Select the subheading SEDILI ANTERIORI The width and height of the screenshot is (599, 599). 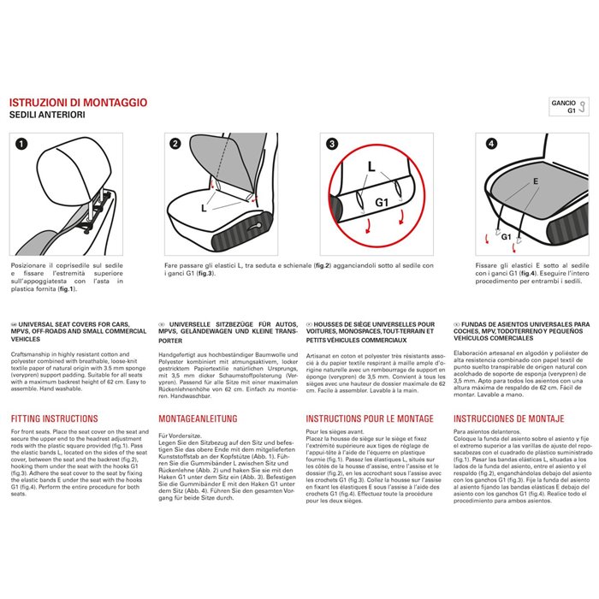(x=46, y=114)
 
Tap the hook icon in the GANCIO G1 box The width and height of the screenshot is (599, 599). (x=584, y=107)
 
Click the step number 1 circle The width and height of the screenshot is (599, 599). (x=21, y=145)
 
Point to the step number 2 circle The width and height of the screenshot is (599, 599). (x=175, y=145)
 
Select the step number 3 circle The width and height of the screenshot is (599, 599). (x=333, y=145)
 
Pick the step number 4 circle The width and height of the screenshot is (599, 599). (x=490, y=145)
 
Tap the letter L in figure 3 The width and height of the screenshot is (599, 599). (x=371, y=164)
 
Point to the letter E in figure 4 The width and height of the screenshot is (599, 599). (x=535, y=181)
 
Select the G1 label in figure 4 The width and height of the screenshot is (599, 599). (x=506, y=235)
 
